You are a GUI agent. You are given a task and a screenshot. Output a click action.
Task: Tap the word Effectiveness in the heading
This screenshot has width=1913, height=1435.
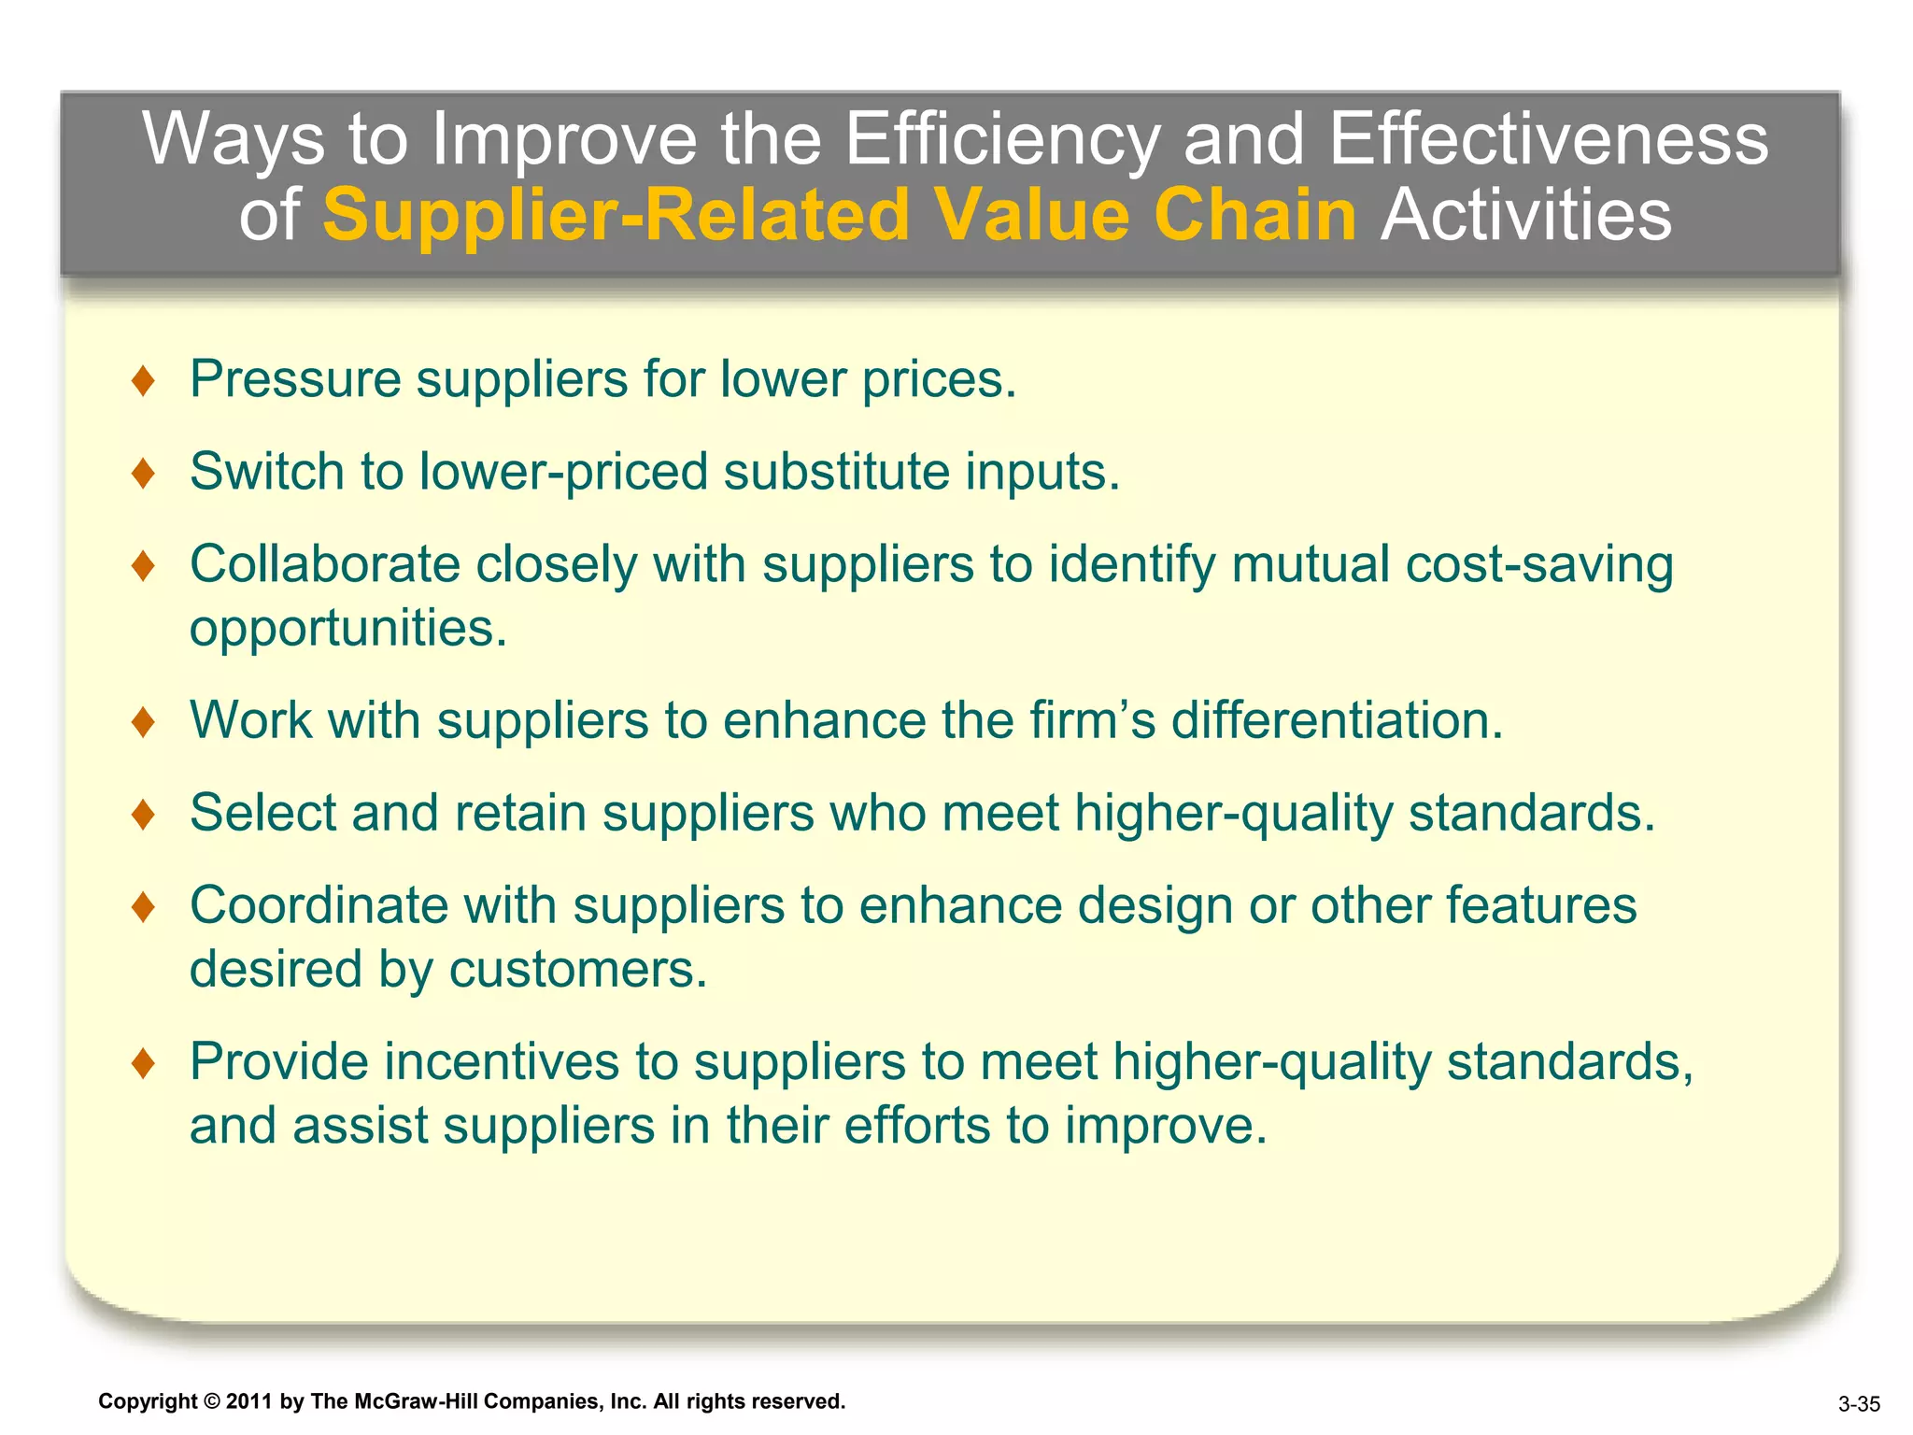(x=1548, y=140)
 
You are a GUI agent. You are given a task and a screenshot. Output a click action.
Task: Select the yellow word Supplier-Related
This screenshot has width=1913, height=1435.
(x=616, y=215)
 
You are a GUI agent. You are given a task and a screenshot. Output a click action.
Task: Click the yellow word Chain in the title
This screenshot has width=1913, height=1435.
(x=1254, y=215)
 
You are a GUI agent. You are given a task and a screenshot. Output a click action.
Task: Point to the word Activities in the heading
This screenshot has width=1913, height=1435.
(x=1526, y=215)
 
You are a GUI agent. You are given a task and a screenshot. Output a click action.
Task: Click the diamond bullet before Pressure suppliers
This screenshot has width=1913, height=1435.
(x=143, y=381)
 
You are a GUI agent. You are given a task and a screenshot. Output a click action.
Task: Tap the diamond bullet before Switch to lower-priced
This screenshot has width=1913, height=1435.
(x=143, y=473)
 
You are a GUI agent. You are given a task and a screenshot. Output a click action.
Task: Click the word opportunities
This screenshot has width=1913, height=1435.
(x=347, y=628)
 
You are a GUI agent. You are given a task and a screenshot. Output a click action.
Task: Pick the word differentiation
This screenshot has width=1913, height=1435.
(x=1337, y=720)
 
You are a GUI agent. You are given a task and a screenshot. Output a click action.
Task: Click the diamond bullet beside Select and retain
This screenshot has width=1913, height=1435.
(x=143, y=814)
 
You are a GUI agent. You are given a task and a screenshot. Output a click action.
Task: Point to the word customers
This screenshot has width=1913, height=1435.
(x=577, y=969)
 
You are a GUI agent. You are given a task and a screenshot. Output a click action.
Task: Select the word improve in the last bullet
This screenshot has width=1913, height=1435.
(x=1165, y=1126)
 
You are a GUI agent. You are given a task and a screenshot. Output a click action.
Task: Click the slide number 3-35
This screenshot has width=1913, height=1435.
(x=1859, y=1404)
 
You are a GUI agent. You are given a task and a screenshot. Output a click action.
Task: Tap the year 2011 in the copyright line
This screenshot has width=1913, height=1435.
(x=248, y=1401)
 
